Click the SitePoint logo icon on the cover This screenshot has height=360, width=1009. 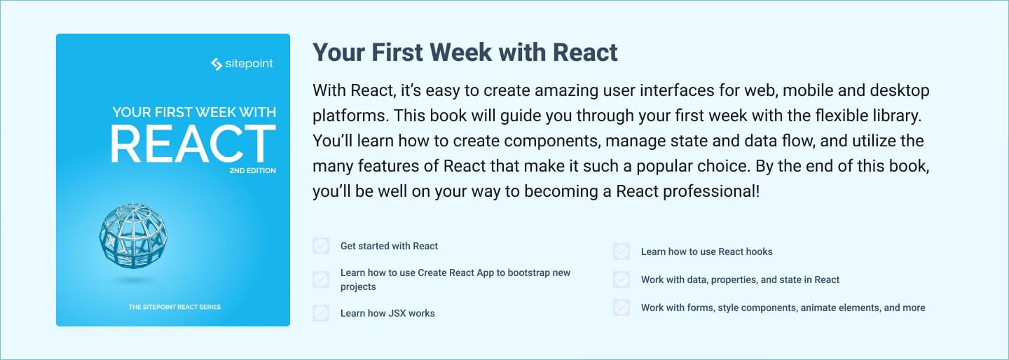click(x=217, y=64)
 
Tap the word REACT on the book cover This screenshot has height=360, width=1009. click(x=193, y=144)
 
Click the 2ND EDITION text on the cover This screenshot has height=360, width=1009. click(x=253, y=171)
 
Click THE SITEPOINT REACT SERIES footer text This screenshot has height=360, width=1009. click(x=174, y=307)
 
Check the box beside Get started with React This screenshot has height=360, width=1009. click(x=321, y=246)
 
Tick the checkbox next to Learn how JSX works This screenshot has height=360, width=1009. click(x=321, y=313)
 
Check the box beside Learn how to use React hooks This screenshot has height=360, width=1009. click(x=622, y=251)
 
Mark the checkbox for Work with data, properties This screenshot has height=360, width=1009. click(x=622, y=279)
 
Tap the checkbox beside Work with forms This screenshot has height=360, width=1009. click(x=622, y=307)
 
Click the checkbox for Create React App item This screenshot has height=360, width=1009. click(x=321, y=279)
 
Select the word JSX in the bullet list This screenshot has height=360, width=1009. click(x=397, y=313)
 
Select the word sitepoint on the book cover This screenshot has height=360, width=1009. click(x=249, y=64)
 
